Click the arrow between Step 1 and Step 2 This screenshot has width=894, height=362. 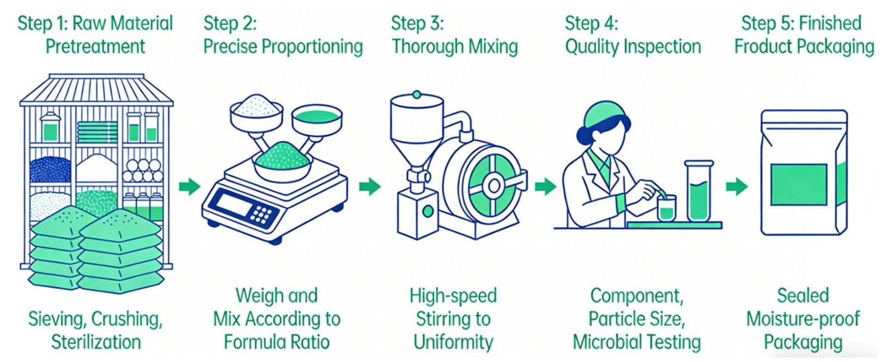(189, 186)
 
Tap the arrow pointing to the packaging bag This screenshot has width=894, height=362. (736, 186)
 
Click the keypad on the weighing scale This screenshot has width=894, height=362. (261, 214)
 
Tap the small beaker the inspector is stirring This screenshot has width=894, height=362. (666, 208)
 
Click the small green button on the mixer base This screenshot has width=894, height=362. (427, 211)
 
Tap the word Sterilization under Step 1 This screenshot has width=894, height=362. (96, 342)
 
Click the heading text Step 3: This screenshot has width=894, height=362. (417, 23)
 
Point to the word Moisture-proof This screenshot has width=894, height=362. (803, 319)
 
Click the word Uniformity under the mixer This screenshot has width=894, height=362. (453, 342)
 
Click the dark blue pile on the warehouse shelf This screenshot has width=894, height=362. (50, 169)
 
